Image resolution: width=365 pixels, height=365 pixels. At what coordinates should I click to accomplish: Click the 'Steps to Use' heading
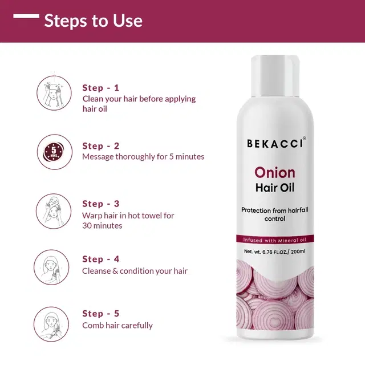[x=93, y=21]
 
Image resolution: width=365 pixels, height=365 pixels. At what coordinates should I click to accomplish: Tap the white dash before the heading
[x=26, y=16]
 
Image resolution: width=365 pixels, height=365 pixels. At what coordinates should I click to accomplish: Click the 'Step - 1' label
[x=100, y=88]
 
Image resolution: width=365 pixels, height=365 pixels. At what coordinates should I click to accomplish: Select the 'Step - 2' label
[x=100, y=146]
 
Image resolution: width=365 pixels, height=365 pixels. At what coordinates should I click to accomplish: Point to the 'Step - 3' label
[x=100, y=204]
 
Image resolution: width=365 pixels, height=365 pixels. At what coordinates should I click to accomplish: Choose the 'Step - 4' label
[x=100, y=259]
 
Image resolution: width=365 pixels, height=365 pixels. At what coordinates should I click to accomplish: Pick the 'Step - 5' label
[x=100, y=314]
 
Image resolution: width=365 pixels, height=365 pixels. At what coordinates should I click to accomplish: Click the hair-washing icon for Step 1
[x=54, y=93]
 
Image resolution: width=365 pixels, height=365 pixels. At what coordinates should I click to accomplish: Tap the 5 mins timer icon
[x=55, y=152]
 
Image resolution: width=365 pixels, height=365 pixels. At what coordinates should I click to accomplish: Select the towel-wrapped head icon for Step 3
[x=54, y=211]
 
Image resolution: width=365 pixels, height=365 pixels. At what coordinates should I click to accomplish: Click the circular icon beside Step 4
[x=51, y=267]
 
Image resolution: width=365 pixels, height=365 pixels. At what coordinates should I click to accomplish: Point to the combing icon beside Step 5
[x=51, y=325]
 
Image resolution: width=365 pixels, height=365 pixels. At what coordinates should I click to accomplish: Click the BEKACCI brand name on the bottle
[x=275, y=144]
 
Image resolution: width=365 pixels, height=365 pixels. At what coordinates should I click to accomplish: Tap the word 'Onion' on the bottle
[x=275, y=173]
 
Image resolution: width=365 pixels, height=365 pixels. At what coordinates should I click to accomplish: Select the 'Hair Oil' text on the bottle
[x=275, y=188]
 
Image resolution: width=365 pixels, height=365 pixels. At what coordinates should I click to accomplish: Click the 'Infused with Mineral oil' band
[x=275, y=240]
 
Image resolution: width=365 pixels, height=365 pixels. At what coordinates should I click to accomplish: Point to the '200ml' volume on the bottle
[x=298, y=252]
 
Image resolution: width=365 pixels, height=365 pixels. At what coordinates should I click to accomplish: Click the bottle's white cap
[x=275, y=76]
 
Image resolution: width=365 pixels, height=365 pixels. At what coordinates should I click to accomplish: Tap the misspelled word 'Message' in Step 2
[x=98, y=157]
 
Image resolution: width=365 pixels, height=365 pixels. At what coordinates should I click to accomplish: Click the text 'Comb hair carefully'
[x=117, y=326]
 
